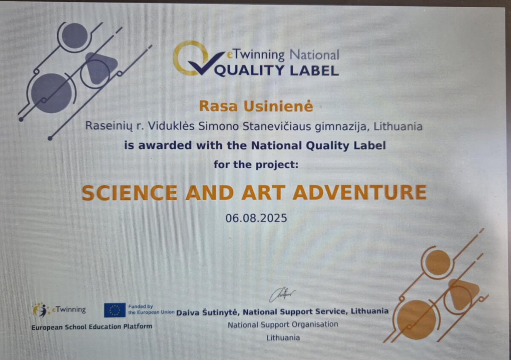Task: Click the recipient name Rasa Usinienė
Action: click(256, 107)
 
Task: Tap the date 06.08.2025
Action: click(256, 218)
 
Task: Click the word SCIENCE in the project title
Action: click(129, 193)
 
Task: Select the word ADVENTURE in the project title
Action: click(360, 193)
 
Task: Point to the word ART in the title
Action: click(264, 193)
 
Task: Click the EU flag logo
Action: click(115, 310)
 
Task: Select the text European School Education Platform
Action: click(92, 327)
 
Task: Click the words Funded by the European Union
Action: click(151, 309)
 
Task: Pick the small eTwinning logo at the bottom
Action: click(59, 310)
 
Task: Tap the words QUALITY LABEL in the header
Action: click(276, 70)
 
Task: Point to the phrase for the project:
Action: click(256, 164)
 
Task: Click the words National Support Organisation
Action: click(283, 324)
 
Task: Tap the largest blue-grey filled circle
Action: click(51, 93)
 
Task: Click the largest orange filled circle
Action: click(416, 320)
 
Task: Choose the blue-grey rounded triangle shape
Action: click(100, 68)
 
